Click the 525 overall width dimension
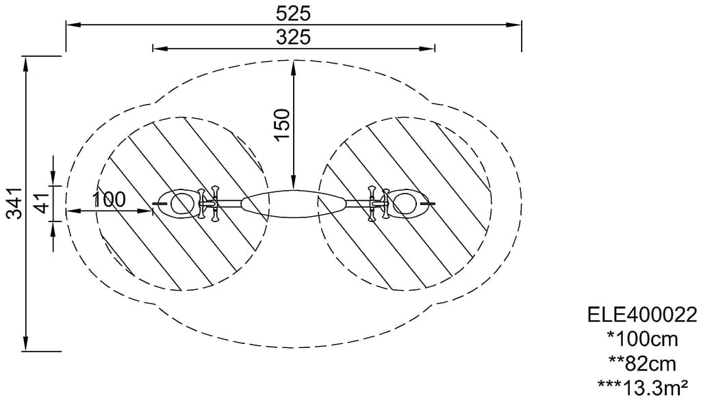(293, 14)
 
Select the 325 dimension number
(293, 38)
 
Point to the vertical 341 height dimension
(16, 203)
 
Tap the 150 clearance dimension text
(283, 124)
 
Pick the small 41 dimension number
(42, 203)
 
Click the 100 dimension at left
(110, 200)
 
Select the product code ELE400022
(642, 315)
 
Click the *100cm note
(642, 339)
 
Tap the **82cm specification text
(642, 364)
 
